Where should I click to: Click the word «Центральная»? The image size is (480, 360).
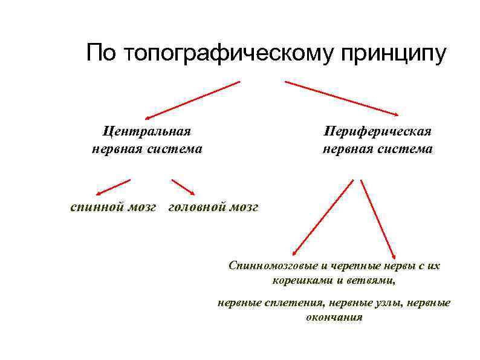click(147, 130)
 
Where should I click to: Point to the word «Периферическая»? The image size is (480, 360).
click(377, 131)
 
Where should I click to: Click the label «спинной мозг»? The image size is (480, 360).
click(113, 207)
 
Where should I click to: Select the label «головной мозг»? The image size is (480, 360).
click(213, 207)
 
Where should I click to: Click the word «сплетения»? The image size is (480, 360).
click(290, 303)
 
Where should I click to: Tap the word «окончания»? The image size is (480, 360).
click(334, 317)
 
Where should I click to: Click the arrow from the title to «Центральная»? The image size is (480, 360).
click(192, 99)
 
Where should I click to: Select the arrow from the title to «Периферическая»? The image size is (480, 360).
click(342, 98)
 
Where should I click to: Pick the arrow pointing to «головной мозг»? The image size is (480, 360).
click(183, 187)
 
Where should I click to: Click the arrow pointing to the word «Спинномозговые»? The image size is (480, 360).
click(322, 218)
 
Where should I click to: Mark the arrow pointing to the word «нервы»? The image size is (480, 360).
click(378, 218)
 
